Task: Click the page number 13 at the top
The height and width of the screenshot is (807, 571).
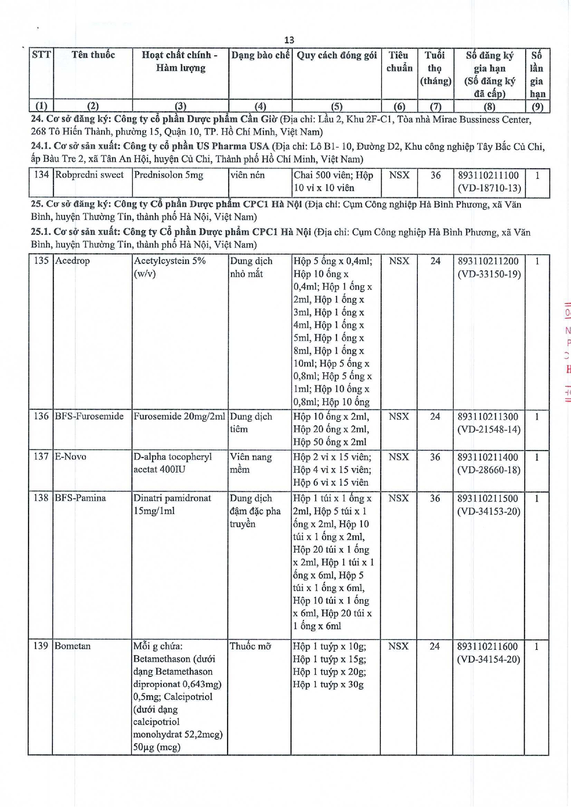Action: click(x=289, y=40)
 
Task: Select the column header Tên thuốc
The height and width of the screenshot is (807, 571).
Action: click(x=93, y=55)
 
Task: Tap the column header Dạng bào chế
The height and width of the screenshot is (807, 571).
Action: click(x=260, y=55)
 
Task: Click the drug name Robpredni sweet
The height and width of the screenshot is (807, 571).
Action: click(x=89, y=175)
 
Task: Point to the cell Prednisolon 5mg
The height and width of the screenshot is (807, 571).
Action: click(x=168, y=175)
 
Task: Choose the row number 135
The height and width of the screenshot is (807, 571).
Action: click(x=41, y=260)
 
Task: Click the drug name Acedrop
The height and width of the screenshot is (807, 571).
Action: click(x=73, y=260)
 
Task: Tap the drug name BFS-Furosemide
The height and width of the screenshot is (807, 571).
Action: click(x=89, y=416)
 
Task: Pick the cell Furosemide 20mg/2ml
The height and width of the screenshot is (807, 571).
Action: click(x=179, y=416)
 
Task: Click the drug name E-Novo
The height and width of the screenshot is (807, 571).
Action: click(x=70, y=457)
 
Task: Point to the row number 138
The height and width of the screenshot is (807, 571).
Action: click(x=40, y=498)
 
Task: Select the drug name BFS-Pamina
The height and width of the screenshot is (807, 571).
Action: click(x=80, y=498)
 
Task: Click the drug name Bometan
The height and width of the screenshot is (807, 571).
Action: click(x=73, y=646)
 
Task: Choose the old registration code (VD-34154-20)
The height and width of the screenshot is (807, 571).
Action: click(x=488, y=659)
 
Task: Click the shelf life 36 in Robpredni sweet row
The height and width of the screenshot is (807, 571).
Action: click(x=435, y=175)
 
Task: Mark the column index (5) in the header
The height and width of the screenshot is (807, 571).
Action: click(x=337, y=106)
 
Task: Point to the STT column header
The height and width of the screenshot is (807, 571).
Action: click(x=41, y=55)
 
